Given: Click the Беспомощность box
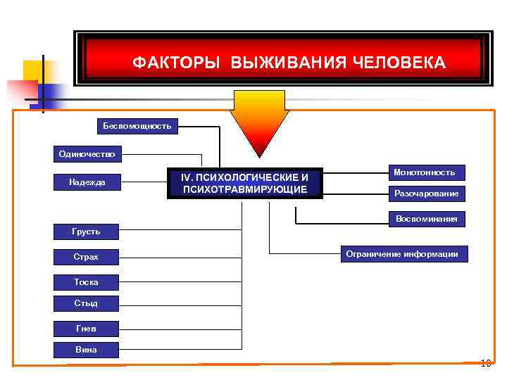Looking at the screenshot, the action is pyautogui.click(x=137, y=126).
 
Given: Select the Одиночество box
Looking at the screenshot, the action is pyautogui.click(x=87, y=153).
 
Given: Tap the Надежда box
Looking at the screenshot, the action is pyautogui.click(x=87, y=182).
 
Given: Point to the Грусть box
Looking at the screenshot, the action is pyautogui.click(x=86, y=231).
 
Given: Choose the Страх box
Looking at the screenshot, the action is pyautogui.click(x=86, y=257).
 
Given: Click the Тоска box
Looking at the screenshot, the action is pyautogui.click(x=86, y=282).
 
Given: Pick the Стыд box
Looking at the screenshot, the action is pyautogui.click(x=86, y=303).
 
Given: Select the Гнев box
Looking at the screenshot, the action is pyautogui.click(x=86, y=328).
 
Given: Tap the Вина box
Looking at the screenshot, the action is pyautogui.click(x=86, y=349).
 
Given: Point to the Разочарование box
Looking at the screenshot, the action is pyautogui.click(x=426, y=193).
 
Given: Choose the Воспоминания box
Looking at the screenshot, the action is pyautogui.click(x=426, y=219).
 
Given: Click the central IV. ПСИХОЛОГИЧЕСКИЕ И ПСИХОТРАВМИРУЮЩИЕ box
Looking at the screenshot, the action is pyautogui.click(x=244, y=183).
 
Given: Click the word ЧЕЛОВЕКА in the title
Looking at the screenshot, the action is pyautogui.click(x=401, y=63).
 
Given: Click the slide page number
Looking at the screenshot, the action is pyautogui.click(x=484, y=364).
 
